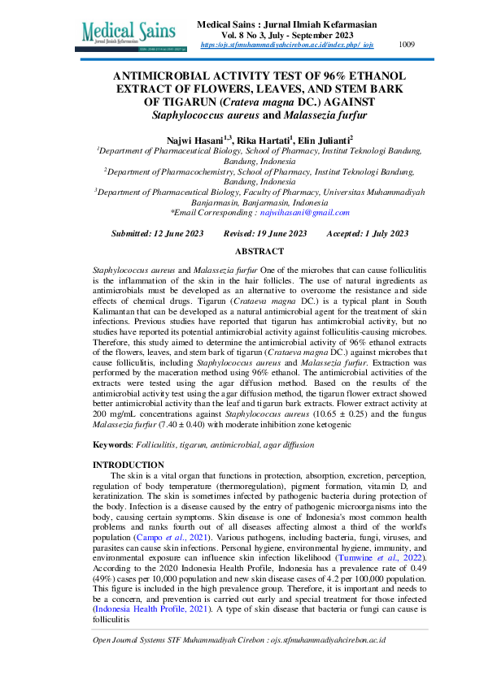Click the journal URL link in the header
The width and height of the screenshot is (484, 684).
286,45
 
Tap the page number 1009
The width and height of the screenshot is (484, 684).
407,45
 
